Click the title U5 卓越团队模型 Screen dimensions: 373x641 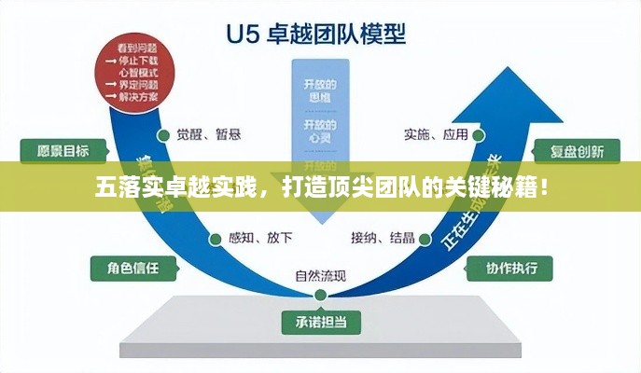pyautogui.click(x=320, y=35)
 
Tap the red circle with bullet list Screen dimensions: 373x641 pyautogui.click(x=130, y=72)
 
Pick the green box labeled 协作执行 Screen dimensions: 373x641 pyautogui.click(x=511, y=269)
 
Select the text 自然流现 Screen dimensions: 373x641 pyautogui.click(x=320, y=275)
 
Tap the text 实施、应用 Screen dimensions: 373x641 pyautogui.click(x=436, y=133)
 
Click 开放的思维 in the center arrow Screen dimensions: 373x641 pyautogui.click(x=320, y=91)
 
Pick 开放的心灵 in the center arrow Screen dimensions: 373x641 pyautogui.click(x=320, y=131)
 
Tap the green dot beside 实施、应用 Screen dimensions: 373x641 pyautogui.click(x=478, y=133)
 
